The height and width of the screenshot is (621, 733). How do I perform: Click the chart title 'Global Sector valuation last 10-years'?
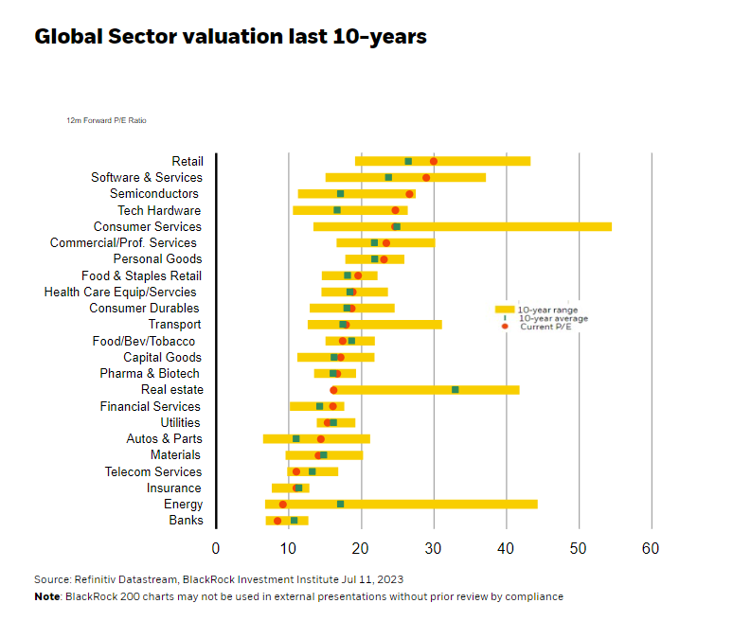click(230, 37)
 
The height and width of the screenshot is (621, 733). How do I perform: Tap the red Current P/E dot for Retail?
click(434, 161)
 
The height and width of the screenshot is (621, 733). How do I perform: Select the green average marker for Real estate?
click(456, 389)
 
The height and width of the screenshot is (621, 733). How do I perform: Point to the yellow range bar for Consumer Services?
click(511, 226)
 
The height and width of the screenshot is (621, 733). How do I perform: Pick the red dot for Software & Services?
click(426, 177)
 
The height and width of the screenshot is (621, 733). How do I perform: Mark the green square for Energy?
click(340, 504)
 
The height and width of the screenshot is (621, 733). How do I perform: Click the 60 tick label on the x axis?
click(651, 549)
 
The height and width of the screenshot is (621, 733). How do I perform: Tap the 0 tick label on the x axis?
click(216, 549)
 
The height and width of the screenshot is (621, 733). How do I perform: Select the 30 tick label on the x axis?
click(434, 549)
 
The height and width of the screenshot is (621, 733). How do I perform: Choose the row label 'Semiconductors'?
click(154, 194)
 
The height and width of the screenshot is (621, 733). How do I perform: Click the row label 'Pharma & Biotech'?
click(150, 373)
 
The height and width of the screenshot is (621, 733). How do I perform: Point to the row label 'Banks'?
click(186, 521)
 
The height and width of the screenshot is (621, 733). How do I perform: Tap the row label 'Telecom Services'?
click(153, 471)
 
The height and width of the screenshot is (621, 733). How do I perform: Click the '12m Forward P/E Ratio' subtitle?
click(106, 121)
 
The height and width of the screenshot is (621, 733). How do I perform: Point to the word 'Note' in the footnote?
click(46, 596)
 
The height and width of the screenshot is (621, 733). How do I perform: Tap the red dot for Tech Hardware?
click(396, 210)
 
